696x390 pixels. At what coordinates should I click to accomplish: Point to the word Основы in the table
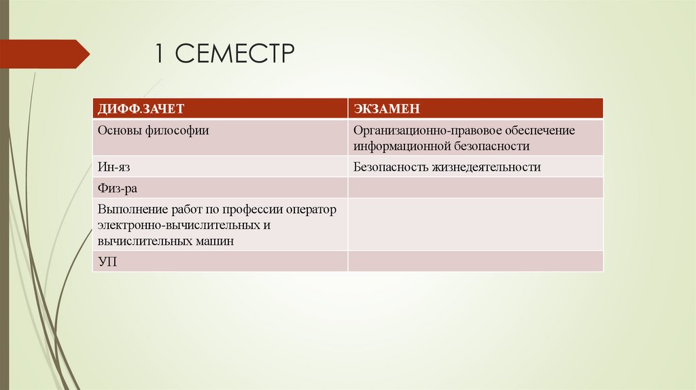(118, 130)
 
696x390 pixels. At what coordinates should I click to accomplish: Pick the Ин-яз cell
(111, 166)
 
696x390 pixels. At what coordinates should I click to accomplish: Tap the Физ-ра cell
(117, 188)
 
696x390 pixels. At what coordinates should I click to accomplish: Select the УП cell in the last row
(107, 261)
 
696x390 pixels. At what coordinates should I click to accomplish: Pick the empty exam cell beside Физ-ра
(475, 188)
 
